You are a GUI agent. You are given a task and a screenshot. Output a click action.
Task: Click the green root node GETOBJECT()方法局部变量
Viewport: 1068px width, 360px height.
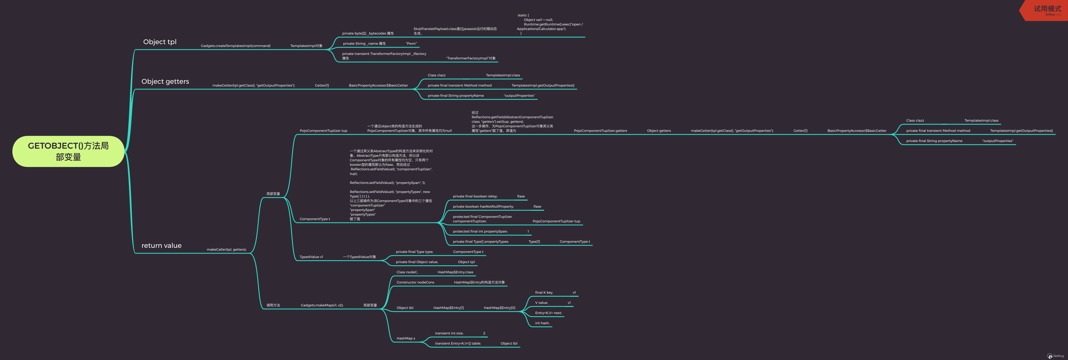pos(68,151)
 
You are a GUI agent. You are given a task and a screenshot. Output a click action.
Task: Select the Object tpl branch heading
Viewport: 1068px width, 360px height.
pos(160,42)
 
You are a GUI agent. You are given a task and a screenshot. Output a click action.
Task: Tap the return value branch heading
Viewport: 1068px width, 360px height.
pos(161,246)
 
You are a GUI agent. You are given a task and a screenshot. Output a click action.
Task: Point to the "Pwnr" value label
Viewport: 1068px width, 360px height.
pos(411,44)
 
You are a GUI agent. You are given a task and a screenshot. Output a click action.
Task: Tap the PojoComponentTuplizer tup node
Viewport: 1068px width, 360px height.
pos(323,131)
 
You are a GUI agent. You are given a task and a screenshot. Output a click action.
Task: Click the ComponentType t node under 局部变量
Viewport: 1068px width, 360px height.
pos(315,219)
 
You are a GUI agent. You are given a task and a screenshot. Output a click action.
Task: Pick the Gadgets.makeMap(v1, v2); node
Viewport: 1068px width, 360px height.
pos(322,305)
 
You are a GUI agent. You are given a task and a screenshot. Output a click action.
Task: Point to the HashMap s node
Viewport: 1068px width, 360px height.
pos(405,338)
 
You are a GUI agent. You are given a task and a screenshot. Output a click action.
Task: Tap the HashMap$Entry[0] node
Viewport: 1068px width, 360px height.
pos(499,308)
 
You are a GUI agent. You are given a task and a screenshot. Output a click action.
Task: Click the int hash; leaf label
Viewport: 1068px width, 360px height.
pos(542,323)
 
